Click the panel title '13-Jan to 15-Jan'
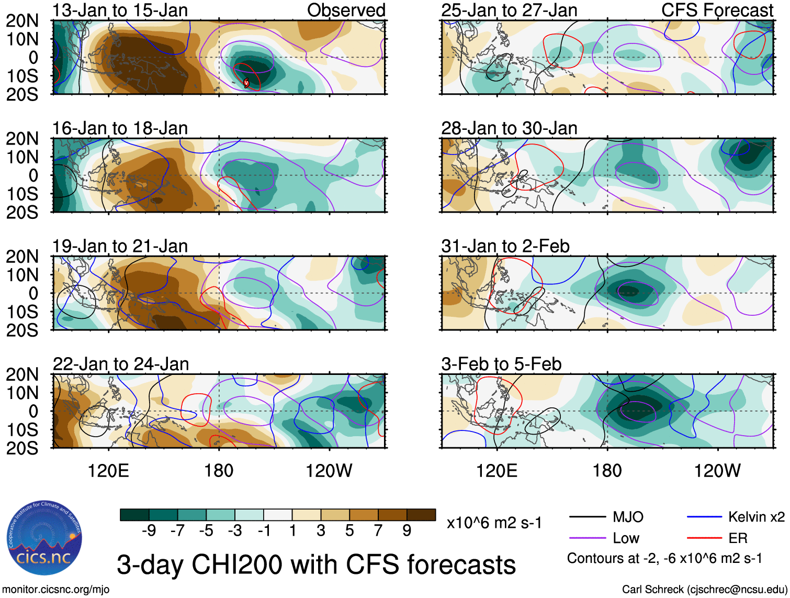point(120,10)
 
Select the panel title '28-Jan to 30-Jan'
point(509,128)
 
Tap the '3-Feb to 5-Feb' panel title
point(501,364)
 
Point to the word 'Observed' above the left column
point(346,10)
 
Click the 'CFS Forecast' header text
point(717,10)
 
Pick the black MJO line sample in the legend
point(587,517)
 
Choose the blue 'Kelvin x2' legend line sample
point(704,517)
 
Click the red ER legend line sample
point(704,538)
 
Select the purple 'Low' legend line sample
point(587,538)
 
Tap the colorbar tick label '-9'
point(149,531)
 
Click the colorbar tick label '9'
point(407,531)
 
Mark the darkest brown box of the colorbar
point(421,515)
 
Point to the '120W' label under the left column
point(329,471)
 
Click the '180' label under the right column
point(607,471)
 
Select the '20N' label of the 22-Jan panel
point(22,374)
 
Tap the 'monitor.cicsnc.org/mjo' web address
point(56,590)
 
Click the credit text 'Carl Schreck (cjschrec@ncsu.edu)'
point(704,590)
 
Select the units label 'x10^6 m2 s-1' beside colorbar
point(494,523)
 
